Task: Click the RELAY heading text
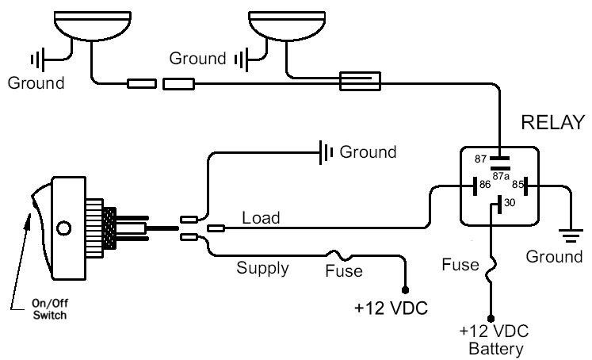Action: pos(552,122)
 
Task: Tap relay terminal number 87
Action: pos(480,159)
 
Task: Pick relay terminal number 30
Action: pos(508,203)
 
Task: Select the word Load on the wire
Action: pos(260,217)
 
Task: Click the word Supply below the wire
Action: pos(263,268)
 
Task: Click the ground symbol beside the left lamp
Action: pos(37,59)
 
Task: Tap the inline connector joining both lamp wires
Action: pos(361,80)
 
